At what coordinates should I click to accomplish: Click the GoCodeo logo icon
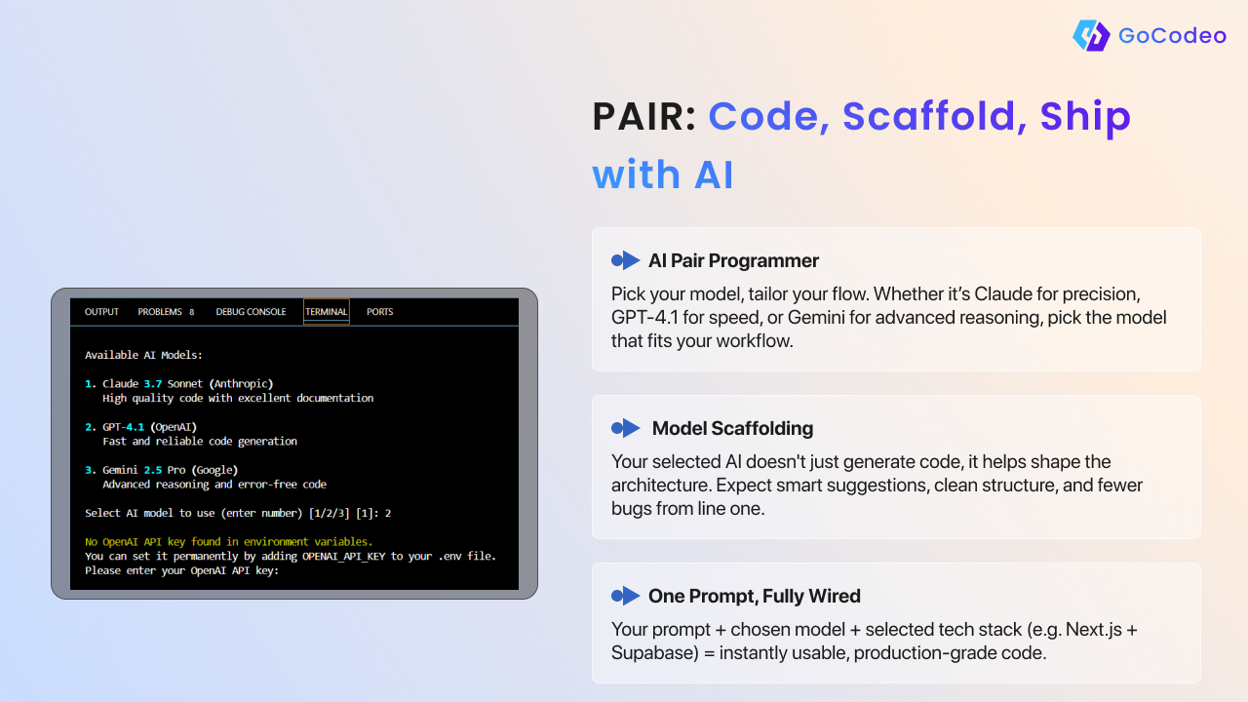(1091, 35)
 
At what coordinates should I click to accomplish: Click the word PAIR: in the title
(644, 116)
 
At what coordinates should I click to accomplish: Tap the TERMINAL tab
(326, 311)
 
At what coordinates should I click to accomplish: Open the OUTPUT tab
(101, 311)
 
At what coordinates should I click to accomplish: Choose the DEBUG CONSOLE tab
(251, 311)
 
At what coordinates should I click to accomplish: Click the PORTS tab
(379, 311)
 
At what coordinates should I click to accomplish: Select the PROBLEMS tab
(166, 311)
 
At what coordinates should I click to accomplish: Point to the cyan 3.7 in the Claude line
(153, 383)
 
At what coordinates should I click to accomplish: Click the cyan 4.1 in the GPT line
(135, 427)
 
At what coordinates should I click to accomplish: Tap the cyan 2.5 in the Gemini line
(153, 470)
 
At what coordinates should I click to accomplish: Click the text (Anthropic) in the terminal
(241, 384)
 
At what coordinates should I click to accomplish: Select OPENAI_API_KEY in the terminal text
(344, 556)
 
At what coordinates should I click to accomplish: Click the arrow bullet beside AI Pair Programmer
(626, 260)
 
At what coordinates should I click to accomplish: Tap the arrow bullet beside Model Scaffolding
(626, 428)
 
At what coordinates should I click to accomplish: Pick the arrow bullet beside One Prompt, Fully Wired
(626, 596)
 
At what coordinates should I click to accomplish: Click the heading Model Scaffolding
(732, 428)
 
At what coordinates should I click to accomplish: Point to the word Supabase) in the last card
(655, 653)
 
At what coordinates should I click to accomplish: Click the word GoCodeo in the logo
(1172, 36)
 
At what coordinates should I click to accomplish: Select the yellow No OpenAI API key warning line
(228, 541)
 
